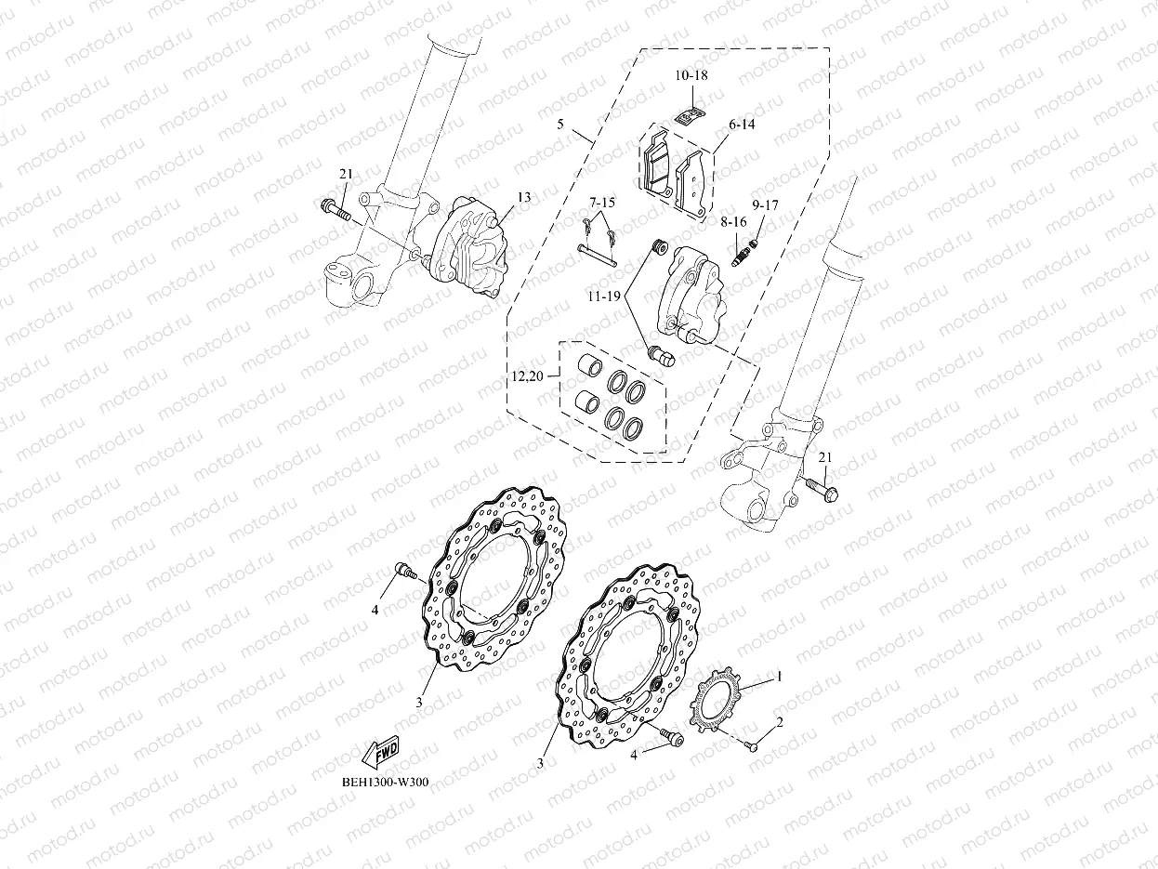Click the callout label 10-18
690,75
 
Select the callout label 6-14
742,124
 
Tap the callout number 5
559,124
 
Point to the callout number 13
524,197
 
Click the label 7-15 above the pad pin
601,203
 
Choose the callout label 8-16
732,222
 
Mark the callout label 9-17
767,204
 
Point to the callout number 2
779,721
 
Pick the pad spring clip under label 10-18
688,116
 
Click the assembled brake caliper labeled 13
468,248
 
